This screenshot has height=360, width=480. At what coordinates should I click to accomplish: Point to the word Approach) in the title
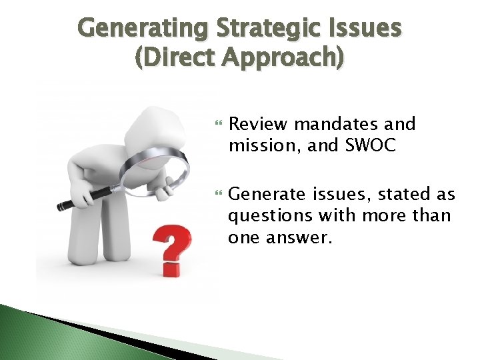289,58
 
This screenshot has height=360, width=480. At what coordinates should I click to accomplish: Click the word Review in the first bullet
258,124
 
